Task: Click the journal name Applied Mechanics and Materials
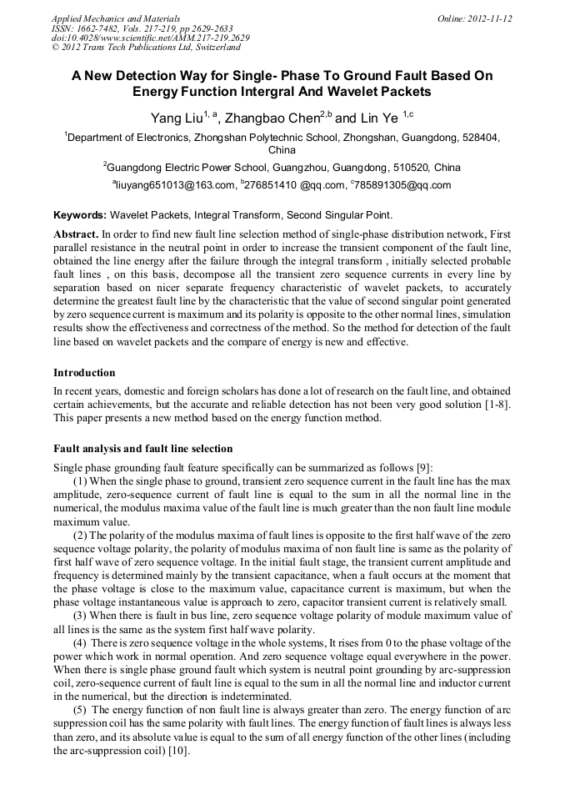click(x=115, y=18)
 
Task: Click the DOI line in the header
click(x=150, y=38)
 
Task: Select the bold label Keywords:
click(x=80, y=214)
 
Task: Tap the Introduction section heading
click(x=84, y=372)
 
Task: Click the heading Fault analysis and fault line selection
click(x=142, y=449)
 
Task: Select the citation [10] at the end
click(x=176, y=751)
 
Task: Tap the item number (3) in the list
click(x=82, y=615)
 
